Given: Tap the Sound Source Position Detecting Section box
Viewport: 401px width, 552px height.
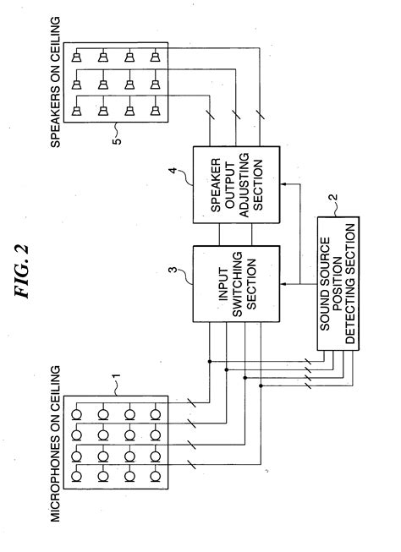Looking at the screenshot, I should tap(338, 283).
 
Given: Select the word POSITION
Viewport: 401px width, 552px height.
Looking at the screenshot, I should tap(338, 283).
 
